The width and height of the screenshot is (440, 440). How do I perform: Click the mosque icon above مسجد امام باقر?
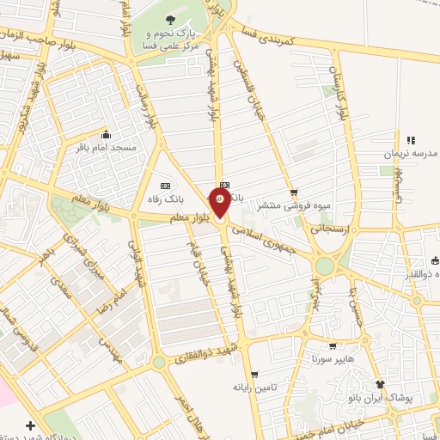(106, 134)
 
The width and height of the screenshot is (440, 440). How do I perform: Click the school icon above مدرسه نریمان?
(411, 139)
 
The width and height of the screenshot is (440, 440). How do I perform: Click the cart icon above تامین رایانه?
(254, 374)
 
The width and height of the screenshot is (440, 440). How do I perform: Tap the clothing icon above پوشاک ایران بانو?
(380, 384)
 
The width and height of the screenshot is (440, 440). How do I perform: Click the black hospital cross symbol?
(31, 425)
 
